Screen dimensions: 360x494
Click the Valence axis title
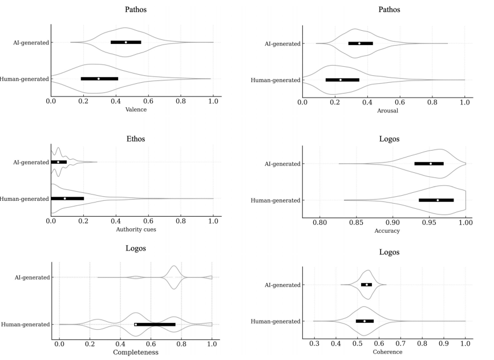tap(132, 110)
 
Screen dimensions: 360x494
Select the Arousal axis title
tap(383, 111)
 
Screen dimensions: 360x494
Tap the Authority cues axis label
tap(132, 229)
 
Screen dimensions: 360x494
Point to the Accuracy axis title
tap(387, 230)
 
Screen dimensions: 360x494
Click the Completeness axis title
tap(135, 352)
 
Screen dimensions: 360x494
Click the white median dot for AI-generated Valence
tap(126, 42)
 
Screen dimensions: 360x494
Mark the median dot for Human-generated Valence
tap(99, 79)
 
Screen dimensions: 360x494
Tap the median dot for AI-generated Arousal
tap(359, 43)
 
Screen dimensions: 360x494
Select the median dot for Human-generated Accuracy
tap(438, 200)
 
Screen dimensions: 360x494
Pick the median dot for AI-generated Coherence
tap(367, 285)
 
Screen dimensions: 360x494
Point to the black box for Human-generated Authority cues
tap(67, 199)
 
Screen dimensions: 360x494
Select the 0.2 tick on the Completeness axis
tap(90, 343)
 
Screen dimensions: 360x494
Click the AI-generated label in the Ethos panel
tap(31, 163)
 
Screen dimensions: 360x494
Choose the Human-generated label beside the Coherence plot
tap(276, 321)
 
